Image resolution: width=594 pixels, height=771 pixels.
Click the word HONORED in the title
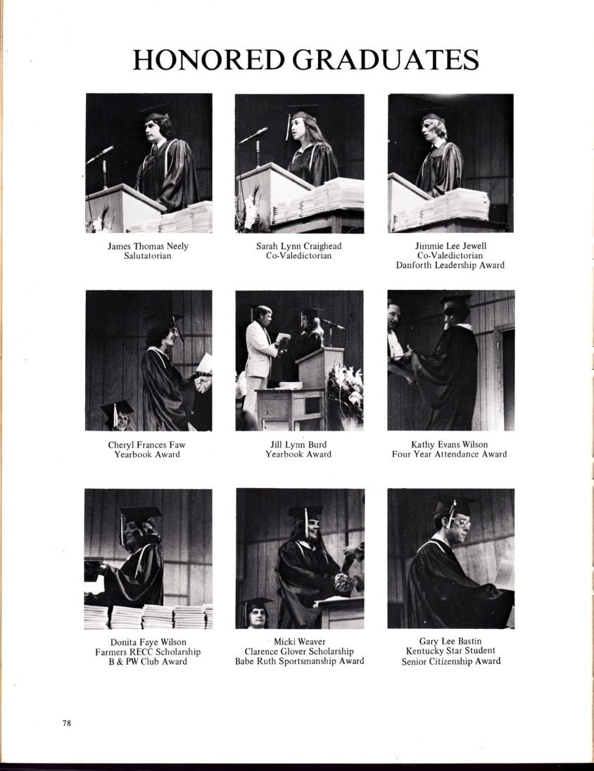pyautogui.click(x=208, y=60)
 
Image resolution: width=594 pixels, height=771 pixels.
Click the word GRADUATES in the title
pyautogui.click(x=386, y=60)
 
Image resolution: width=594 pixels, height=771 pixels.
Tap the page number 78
pyautogui.click(x=67, y=723)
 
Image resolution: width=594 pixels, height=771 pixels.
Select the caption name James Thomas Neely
pyautogui.click(x=148, y=246)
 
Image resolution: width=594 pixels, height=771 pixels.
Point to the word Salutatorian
pyautogui.click(x=148, y=255)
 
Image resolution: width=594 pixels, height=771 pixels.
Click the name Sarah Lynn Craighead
pyautogui.click(x=298, y=246)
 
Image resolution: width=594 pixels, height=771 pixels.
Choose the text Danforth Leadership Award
pyautogui.click(x=450, y=265)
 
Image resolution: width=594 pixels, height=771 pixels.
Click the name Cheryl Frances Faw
pyautogui.click(x=146, y=445)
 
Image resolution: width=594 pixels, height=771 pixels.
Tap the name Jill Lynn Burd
pyautogui.click(x=298, y=445)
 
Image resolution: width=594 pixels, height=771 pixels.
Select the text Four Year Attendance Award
pyautogui.click(x=449, y=454)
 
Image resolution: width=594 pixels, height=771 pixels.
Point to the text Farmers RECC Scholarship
pyautogui.click(x=148, y=651)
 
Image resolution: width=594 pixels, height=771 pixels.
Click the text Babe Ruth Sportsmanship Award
pyautogui.click(x=299, y=661)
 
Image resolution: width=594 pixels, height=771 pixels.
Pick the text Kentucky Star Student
pyautogui.click(x=450, y=651)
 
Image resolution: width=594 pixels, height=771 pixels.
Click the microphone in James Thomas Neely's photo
pyautogui.click(x=101, y=154)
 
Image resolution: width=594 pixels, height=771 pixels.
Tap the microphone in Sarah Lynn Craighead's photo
pyautogui.click(x=253, y=135)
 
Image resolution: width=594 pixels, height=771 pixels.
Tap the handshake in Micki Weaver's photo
pyautogui.click(x=344, y=582)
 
